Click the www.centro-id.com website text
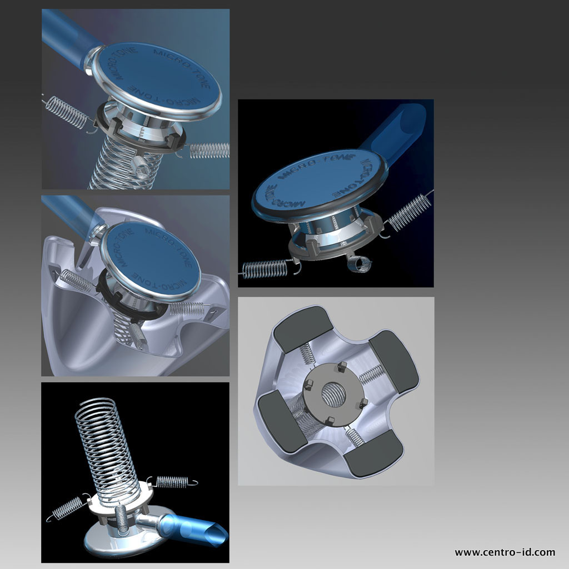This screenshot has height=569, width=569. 505,553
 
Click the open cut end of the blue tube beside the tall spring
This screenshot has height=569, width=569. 217,532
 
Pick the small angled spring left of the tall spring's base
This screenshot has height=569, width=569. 67,507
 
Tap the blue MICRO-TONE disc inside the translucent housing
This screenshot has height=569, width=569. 151,260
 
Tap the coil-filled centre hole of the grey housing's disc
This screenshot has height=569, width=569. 333,395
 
